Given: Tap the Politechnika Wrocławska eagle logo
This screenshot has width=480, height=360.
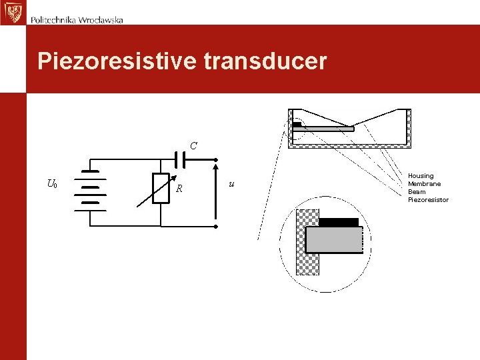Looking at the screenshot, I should pyautogui.click(x=12, y=12).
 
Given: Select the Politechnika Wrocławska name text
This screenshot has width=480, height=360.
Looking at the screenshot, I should pyautogui.click(x=77, y=19).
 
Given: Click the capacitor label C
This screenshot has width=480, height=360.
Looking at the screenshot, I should pyautogui.click(x=193, y=145).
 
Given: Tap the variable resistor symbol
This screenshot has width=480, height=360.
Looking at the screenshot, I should pyautogui.click(x=161, y=187).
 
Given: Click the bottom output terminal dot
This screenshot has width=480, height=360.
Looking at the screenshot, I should pyautogui.click(x=216, y=227).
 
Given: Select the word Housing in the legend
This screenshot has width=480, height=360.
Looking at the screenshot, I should pyautogui.click(x=421, y=176).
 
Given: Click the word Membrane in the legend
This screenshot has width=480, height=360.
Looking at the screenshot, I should pyautogui.click(x=424, y=184).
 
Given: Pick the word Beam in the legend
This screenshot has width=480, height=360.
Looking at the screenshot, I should pyautogui.click(x=417, y=192).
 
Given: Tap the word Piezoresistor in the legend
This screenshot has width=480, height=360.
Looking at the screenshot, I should pyautogui.click(x=428, y=200).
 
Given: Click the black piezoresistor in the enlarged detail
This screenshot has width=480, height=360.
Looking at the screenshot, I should pyautogui.click(x=339, y=222).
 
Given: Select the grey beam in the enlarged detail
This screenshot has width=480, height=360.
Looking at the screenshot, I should pyautogui.click(x=334, y=239).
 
